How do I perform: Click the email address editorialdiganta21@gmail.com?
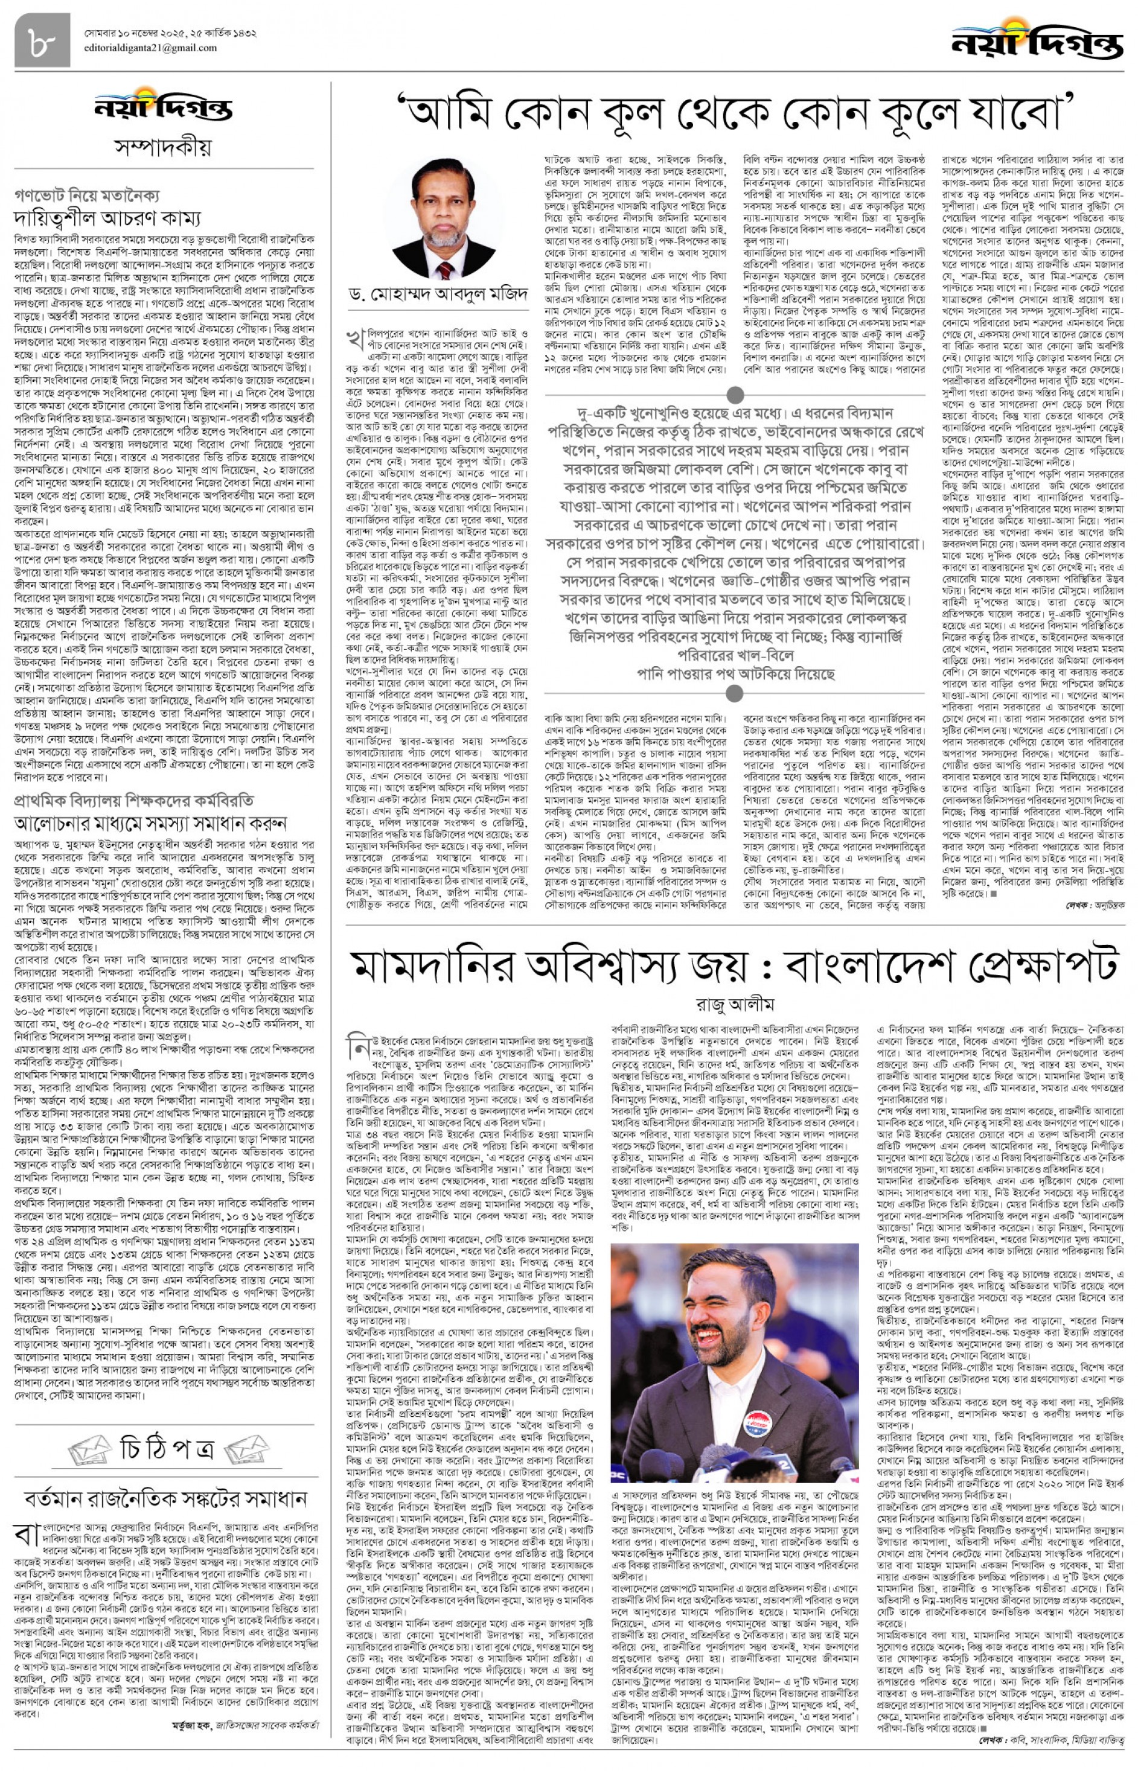point(152,49)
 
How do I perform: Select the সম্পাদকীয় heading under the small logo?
point(162,147)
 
